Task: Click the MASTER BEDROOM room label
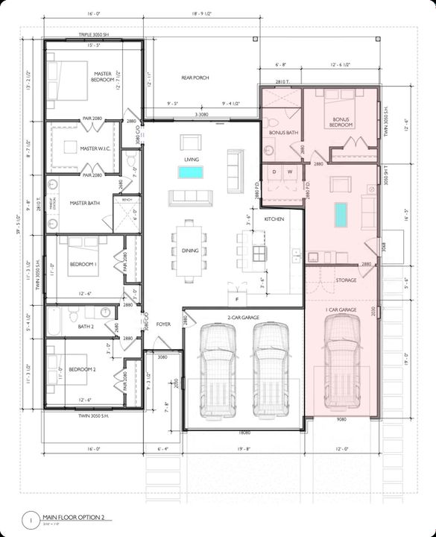point(102,77)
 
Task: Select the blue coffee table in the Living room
point(190,172)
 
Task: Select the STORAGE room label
point(345,280)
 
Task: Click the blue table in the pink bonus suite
point(341,216)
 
